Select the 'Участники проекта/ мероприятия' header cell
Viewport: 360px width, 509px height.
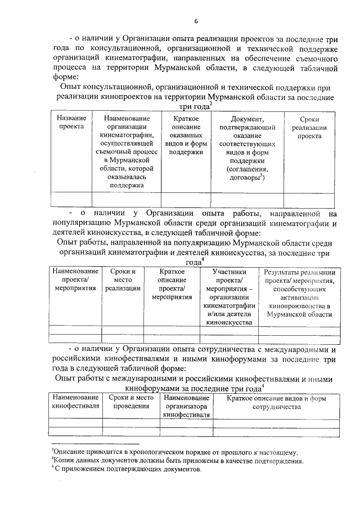(229, 297)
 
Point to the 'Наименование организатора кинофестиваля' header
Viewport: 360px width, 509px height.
(186, 406)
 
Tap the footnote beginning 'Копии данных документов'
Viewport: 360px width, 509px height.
(178, 461)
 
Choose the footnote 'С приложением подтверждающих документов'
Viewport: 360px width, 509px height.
(127, 469)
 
